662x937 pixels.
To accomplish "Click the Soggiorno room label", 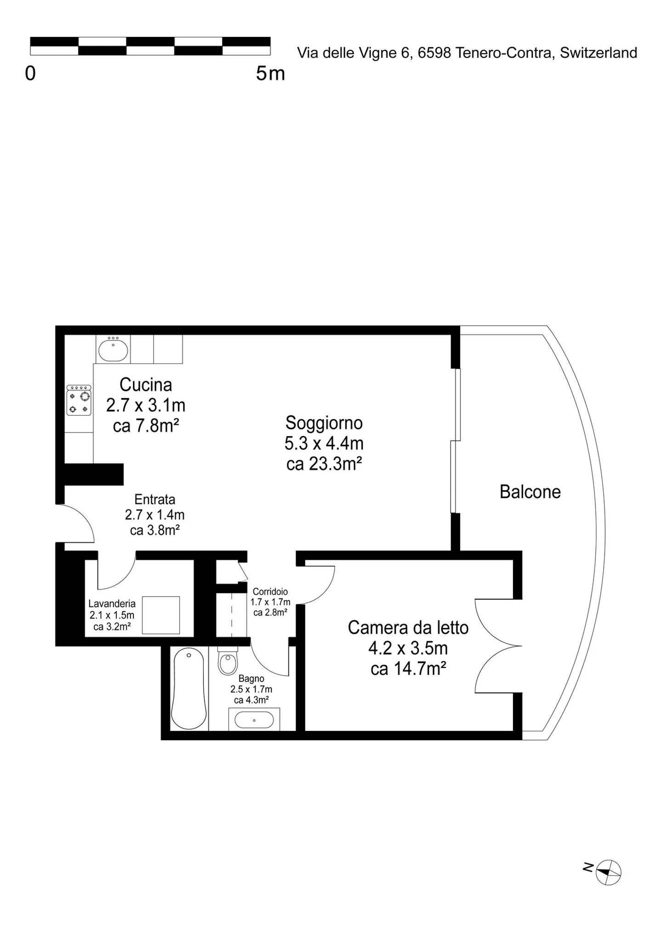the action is click(324, 423).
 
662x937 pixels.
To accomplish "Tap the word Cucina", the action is click(146, 385).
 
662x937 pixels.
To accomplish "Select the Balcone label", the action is click(530, 492).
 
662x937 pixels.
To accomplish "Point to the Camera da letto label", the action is click(408, 627).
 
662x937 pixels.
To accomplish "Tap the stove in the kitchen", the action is click(79, 400).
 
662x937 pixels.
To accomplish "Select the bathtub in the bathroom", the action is click(188, 689).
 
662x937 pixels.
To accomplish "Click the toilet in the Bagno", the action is click(227, 661).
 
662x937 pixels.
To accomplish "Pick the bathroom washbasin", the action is click(254, 719).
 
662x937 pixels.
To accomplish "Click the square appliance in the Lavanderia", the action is click(161, 615).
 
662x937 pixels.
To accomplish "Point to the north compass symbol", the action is click(608, 872).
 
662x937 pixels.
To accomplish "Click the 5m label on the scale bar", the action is click(270, 73).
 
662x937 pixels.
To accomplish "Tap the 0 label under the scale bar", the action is click(30, 73).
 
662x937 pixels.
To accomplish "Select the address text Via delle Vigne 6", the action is click(353, 53).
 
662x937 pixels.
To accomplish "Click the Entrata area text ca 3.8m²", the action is click(155, 530).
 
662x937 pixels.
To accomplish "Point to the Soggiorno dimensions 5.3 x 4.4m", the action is click(324, 443).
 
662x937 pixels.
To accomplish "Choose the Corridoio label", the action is click(270, 592).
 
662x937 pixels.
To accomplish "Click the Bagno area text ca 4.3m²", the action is click(251, 700).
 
